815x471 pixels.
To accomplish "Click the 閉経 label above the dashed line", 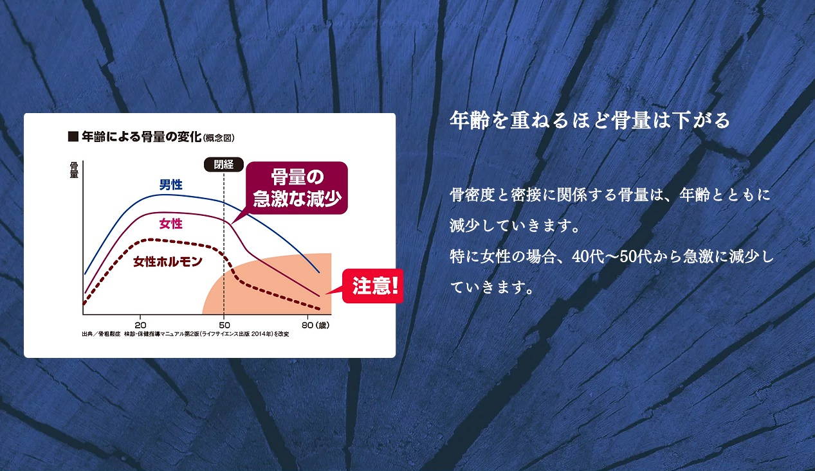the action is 223,164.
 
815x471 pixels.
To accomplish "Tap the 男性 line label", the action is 170,184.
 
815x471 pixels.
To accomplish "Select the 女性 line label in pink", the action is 170,224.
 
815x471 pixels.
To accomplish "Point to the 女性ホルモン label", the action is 168,262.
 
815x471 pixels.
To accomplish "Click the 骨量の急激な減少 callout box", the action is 297,188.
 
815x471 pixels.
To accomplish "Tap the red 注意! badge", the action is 373,286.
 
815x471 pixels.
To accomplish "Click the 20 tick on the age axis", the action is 140,325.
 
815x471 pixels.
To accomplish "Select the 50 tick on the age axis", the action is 224,325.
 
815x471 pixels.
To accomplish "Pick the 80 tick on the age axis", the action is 307,325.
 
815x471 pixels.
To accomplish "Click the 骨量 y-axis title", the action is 74,170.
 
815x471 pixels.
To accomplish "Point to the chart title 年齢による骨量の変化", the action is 142,137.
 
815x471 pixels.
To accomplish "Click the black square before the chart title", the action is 73,137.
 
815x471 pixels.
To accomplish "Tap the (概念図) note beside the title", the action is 218,138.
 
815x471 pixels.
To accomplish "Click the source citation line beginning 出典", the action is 185,334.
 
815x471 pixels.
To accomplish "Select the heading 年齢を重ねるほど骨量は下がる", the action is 590,120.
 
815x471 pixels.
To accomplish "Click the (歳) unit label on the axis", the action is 322,325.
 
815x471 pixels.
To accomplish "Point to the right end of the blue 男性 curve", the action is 319,272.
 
